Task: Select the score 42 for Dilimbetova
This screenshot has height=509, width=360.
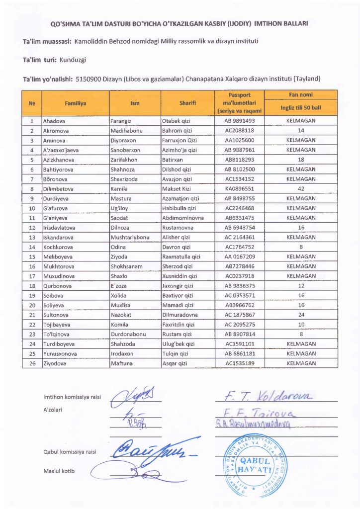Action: pyautogui.click(x=301, y=189)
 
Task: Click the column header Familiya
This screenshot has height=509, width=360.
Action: pyautogui.click(x=75, y=103)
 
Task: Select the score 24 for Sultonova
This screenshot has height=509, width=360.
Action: pyautogui.click(x=301, y=315)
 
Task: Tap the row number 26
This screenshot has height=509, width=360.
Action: pyautogui.click(x=32, y=363)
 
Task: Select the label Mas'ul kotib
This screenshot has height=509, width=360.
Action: pyautogui.click(x=59, y=471)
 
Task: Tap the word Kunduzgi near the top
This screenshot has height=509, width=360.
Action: pyautogui.click(x=73, y=60)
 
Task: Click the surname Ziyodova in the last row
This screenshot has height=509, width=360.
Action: pyautogui.click(x=56, y=363)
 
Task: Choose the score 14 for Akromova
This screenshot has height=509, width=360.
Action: pyautogui.click(x=301, y=131)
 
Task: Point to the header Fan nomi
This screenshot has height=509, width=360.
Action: pyautogui.click(x=301, y=94)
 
